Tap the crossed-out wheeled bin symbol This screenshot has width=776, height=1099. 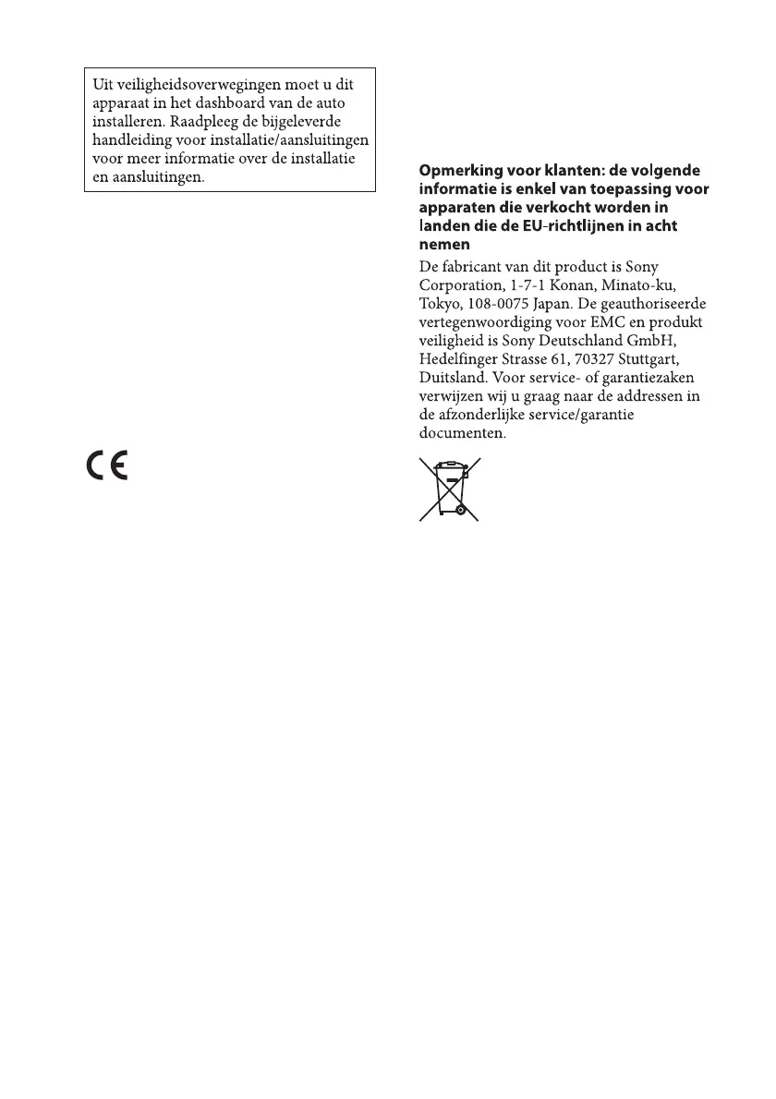(449, 489)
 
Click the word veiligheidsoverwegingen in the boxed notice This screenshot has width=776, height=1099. (193, 83)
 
